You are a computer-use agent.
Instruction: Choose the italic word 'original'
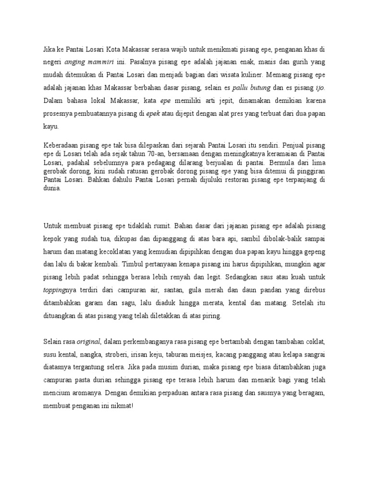tap(87, 341)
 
